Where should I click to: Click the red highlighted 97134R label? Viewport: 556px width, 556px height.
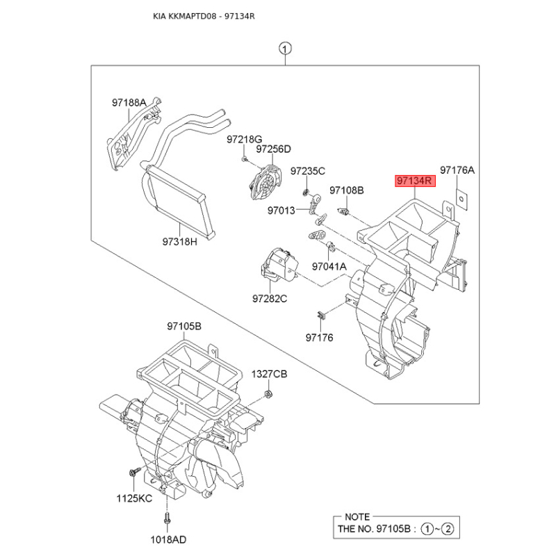[415, 181]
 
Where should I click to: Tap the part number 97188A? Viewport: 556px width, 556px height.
[129, 102]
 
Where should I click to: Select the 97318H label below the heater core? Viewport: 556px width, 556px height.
[179, 242]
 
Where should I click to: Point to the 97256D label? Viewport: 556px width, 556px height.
[273, 149]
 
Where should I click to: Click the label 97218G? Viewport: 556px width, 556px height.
[245, 140]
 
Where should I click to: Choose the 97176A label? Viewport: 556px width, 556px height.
[457, 170]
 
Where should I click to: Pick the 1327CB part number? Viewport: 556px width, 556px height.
[269, 374]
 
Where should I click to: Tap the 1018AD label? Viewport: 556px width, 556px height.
[168, 540]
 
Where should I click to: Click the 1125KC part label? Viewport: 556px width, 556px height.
[134, 498]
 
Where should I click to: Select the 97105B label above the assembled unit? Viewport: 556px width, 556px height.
[184, 326]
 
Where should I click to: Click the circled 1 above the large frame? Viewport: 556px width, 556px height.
[285, 49]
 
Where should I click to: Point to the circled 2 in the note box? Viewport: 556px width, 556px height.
[448, 530]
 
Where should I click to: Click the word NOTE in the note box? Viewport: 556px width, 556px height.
[357, 517]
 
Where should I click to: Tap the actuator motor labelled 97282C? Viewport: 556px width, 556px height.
[279, 265]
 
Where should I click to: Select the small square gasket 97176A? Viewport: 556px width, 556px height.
[461, 199]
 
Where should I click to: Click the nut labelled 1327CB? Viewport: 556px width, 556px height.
[268, 393]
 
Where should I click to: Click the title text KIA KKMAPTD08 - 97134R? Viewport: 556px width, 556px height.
[204, 17]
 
